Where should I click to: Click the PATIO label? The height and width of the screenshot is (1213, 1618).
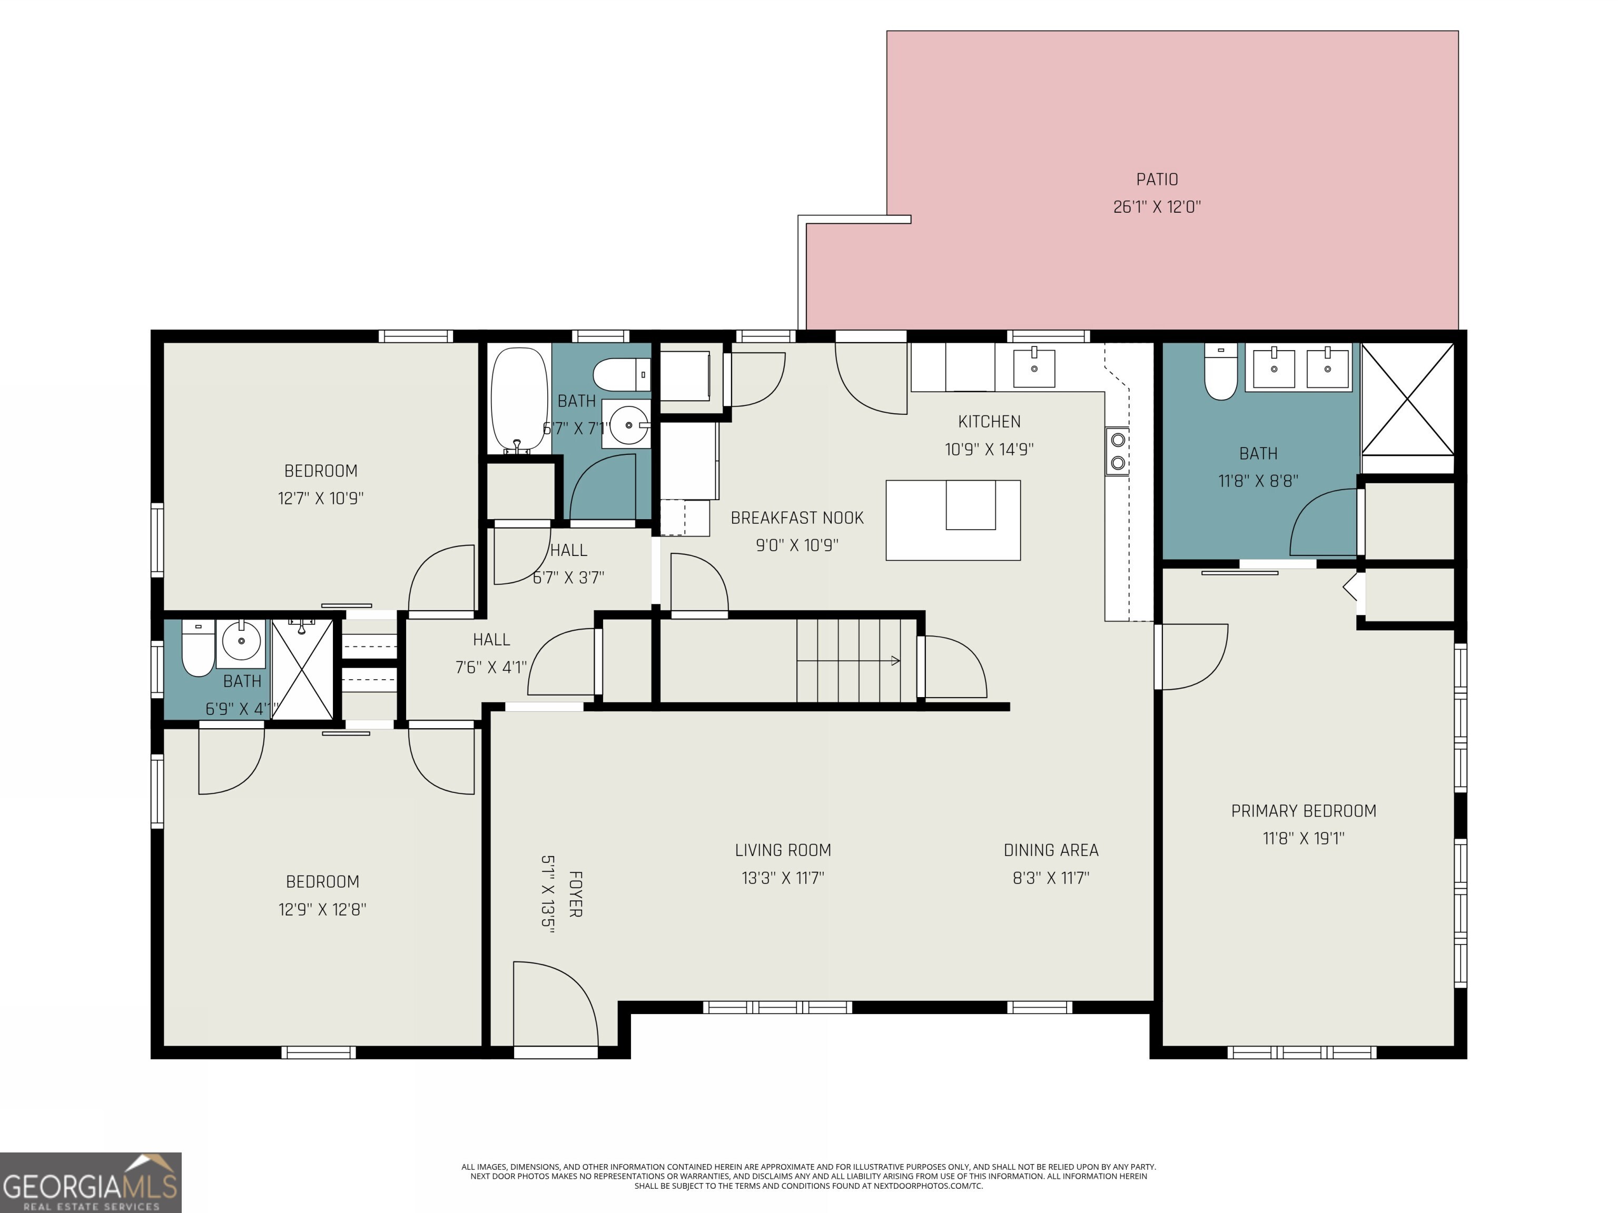pyautogui.click(x=1157, y=179)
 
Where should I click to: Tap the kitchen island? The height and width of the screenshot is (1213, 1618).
pyautogui.click(x=953, y=520)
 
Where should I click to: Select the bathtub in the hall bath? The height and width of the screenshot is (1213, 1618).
pyautogui.click(x=519, y=401)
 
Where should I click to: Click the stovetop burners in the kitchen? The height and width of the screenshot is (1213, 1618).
pyautogui.click(x=1118, y=451)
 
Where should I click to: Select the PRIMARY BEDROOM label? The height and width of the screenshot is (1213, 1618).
pyautogui.click(x=1304, y=811)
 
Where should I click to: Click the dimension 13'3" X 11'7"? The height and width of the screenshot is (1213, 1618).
pyautogui.click(x=783, y=878)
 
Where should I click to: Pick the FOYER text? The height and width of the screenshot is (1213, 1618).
pyautogui.click(x=576, y=893)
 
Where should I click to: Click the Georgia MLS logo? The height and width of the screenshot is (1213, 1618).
pyautogui.click(x=91, y=1182)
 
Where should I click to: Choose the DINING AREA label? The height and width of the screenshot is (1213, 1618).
pyautogui.click(x=1051, y=850)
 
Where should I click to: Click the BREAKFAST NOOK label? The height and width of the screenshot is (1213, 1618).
pyautogui.click(x=797, y=518)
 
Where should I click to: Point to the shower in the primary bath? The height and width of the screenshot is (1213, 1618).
pyautogui.click(x=1407, y=399)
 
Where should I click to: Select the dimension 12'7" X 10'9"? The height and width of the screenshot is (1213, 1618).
pyautogui.click(x=320, y=498)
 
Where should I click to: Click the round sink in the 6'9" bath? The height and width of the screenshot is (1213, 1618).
pyautogui.click(x=241, y=641)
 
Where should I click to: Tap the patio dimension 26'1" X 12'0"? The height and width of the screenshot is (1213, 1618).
pyautogui.click(x=1157, y=207)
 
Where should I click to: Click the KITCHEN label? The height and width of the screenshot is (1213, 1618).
pyautogui.click(x=989, y=421)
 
